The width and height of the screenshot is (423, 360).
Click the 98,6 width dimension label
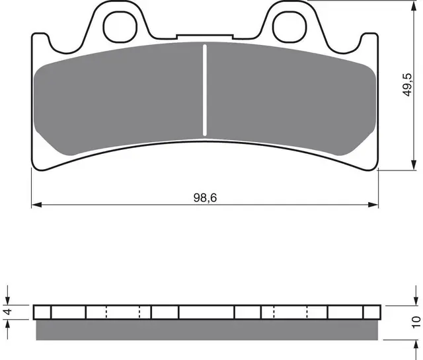(x=205, y=198)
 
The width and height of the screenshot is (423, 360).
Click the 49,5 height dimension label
(x=407, y=85)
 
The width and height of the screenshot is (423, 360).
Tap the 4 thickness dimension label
(x=8, y=312)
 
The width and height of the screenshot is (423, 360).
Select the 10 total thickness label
(x=416, y=322)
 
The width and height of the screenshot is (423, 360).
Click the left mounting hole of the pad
(x=120, y=26)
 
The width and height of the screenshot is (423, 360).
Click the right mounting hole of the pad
(x=289, y=26)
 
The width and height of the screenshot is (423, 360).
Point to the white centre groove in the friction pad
(x=205, y=90)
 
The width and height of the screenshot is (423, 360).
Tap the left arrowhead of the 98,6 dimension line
(x=36, y=205)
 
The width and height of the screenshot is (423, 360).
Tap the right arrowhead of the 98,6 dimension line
(x=373, y=205)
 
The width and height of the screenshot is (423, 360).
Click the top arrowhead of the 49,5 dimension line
(x=413, y=6)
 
